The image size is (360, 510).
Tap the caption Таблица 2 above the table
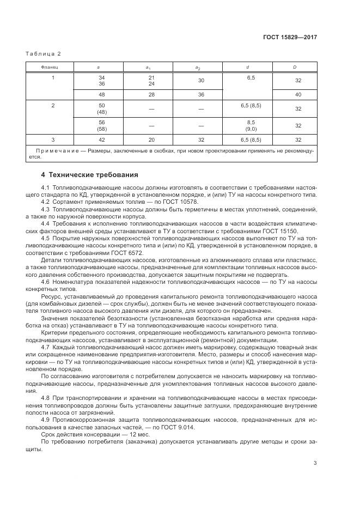click(x=44, y=53)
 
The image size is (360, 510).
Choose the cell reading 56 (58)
click(x=101, y=125)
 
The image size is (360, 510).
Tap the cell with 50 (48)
click(x=101, y=108)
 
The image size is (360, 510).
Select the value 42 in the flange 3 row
click(x=101, y=139)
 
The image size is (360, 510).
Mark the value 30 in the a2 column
click(x=200, y=81)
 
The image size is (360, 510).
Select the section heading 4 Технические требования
click(x=90, y=175)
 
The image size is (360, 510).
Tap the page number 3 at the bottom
click(x=315, y=463)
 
